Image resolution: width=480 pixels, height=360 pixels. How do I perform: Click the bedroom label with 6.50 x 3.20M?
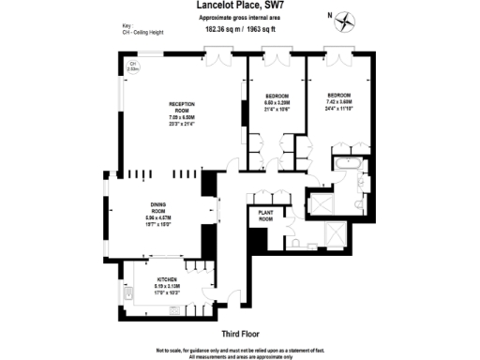coord(278,101)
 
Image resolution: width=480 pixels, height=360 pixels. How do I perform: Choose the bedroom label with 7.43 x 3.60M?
coord(339,100)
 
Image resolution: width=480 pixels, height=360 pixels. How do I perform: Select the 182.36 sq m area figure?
coord(222,28)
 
